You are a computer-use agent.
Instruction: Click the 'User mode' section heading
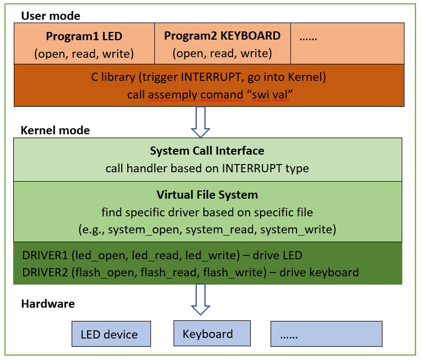50,15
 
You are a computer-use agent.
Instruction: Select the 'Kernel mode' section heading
55,130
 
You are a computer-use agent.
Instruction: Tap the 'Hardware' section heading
47,303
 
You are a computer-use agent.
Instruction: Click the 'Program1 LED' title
84,37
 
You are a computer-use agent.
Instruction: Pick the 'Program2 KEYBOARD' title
222,36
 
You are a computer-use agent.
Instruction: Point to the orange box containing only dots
347,43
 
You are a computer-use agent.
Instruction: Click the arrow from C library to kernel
200,122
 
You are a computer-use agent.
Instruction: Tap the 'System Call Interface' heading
207,151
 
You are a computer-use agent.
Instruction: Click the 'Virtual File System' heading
207,195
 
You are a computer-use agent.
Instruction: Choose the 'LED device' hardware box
111,334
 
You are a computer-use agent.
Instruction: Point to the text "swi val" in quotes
270,94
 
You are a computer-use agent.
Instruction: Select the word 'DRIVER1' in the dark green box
45,256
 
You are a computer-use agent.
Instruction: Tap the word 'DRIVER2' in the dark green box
45,272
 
